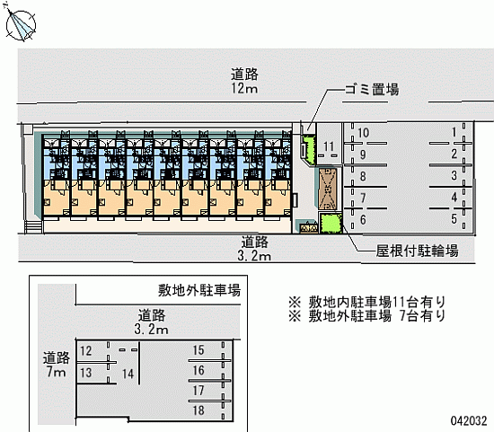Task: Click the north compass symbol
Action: coord(20,25)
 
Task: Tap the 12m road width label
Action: coord(244,89)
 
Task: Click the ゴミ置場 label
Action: coord(372,90)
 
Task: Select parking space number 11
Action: coord(329,146)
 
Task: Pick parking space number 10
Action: coord(363,133)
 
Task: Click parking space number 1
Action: coord(454,132)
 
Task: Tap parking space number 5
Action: coord(454,218)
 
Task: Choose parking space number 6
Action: coord(363,220)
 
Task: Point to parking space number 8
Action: coord(363,176)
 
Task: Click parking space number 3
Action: coord(454,175)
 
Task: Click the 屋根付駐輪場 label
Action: coord(417,251)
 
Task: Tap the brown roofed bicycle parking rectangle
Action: coord(328,190)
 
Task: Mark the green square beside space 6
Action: coord(331,223)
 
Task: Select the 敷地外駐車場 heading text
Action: coord(199,290)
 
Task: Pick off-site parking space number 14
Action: coord(128,374)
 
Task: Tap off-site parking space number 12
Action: coord(85,350)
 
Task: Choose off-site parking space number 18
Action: coord(198,410)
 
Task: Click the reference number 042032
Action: coord(469,420)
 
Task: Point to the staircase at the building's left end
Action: coord(33,227)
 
